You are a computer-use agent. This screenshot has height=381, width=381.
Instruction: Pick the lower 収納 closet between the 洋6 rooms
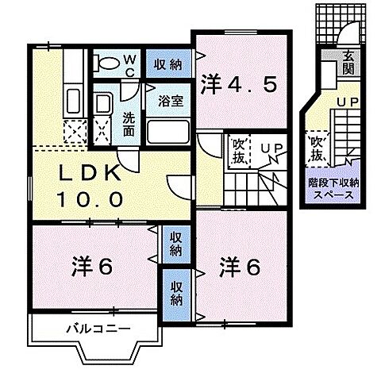pos(175,293)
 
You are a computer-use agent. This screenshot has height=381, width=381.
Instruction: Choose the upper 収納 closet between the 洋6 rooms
pos(175,244)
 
